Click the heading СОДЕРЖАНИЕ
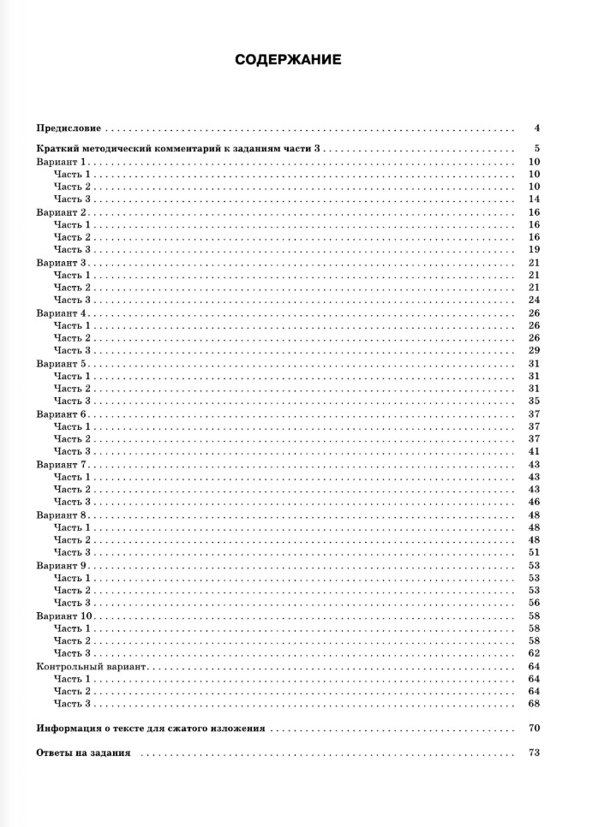pos(289,60)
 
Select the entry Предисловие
pos(69,128)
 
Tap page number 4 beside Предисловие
pos(535,128)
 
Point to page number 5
pos(535,149)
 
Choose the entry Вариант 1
pos(62,162)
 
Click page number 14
pos(533,199)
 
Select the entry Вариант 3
pos(62,263)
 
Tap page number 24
pos(533,300)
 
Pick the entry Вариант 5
pos(62,364)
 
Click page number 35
pos(533,401)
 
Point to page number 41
pos(533,451)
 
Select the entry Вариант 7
pos(62,464)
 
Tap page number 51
pos(533,552)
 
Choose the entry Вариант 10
pos(64,616)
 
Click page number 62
pos(533,653)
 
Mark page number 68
pos(533,704)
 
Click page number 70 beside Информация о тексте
pos(533,729)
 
